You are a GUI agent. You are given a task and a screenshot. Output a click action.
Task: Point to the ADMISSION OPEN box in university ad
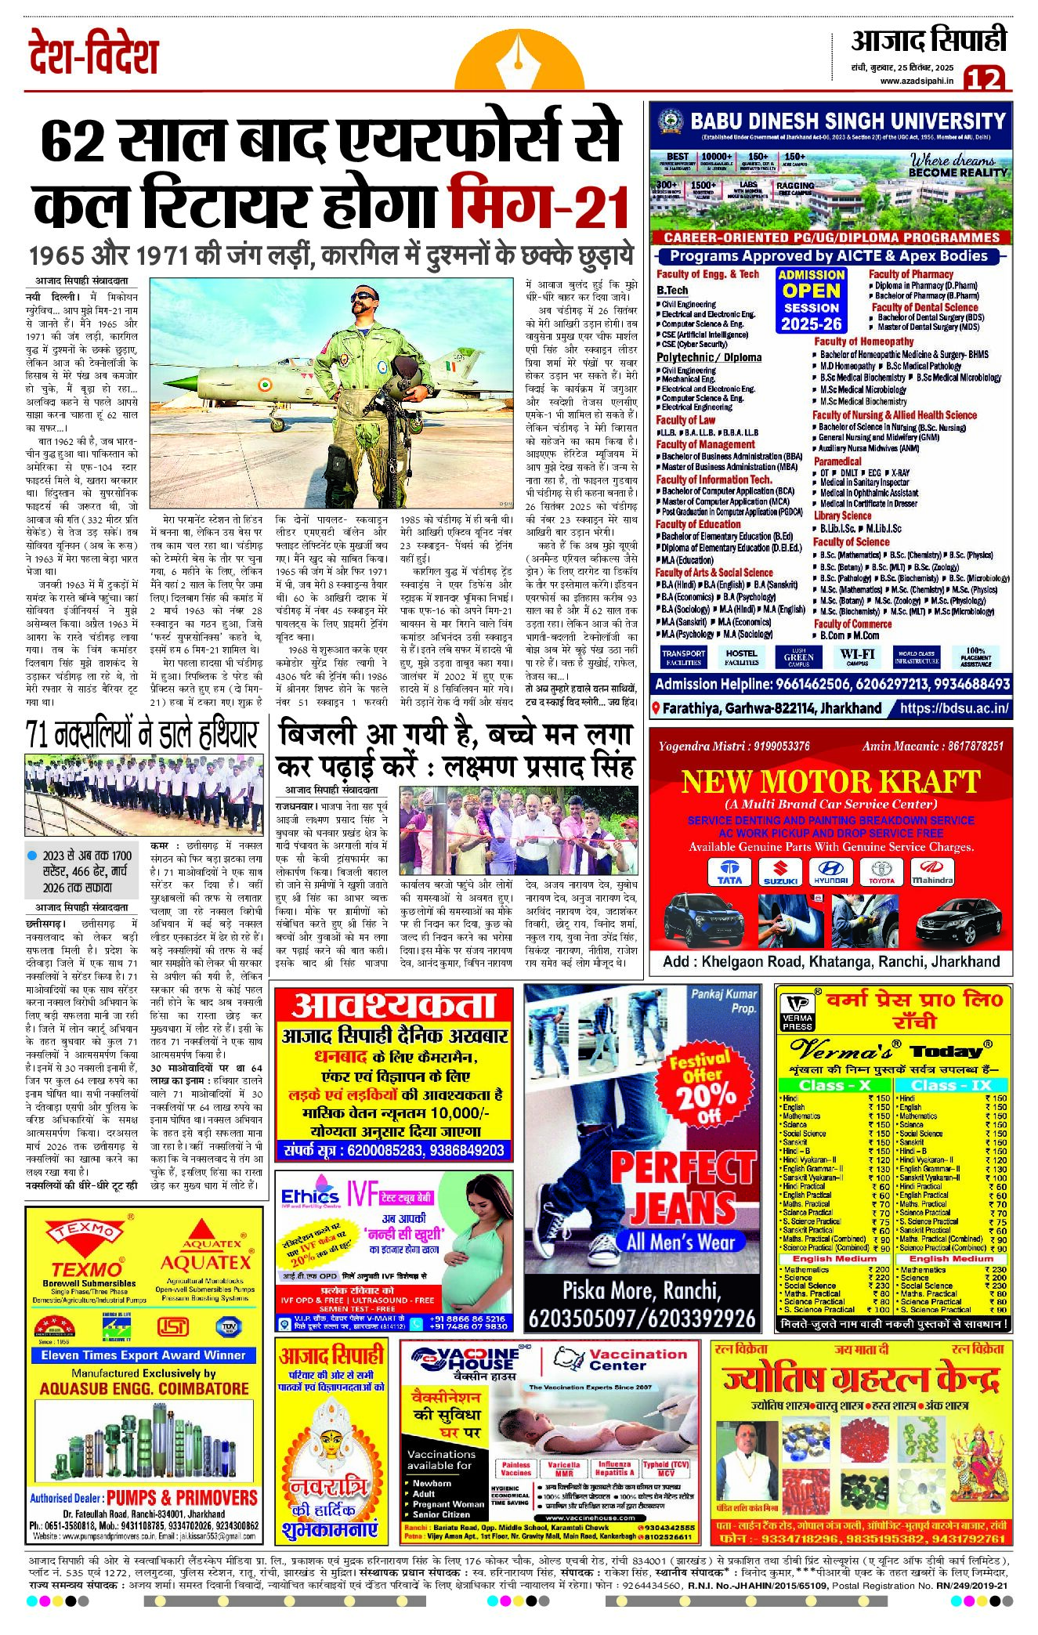811,299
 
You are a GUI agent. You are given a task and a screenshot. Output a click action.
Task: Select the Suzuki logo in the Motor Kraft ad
780,872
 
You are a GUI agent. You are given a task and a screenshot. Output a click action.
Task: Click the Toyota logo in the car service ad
881,872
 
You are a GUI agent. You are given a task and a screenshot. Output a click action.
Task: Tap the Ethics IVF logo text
310,1196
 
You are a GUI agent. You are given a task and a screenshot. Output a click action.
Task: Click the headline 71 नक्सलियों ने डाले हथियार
141,734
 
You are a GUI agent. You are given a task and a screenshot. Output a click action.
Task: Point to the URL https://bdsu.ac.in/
953,708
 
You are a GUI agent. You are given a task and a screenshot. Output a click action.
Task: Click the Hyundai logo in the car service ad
830,872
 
